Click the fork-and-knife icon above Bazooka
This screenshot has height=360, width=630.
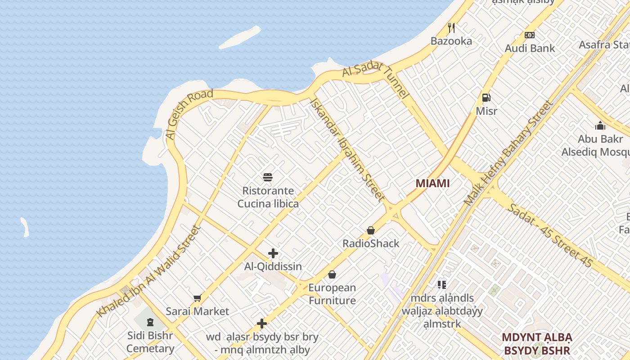pyautogui.click(x=451, y=28)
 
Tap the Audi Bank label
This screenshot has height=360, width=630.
pyautogui.click(x=530, y=48)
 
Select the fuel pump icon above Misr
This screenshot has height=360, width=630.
pyautogui.click(x=486, y=97)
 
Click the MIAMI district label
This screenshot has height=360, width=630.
pyautogui.click(x=432, y=183)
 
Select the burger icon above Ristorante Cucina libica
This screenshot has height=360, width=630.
pyautogui.click(x=268, y=177)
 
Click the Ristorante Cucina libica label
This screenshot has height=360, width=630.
pyautogui.click(x=268, y=197)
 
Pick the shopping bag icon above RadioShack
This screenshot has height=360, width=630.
pyautogui.click(x=371, y=230)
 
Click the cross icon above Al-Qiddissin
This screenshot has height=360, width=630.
pyautogui.click(x=273, y=253)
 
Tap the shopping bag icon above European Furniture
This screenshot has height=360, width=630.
pyautogui.click(x=332, y=274)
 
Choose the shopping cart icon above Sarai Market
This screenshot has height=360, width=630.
pyautogui.click(x=197, y=298)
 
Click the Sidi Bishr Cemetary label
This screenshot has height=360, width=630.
pyautogui.click(x=150, y=342)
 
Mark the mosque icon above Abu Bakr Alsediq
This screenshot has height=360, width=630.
pyautogui.click(x=600, y=126)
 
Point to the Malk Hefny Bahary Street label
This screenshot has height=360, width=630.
pyautogui.click(x=508, y=153)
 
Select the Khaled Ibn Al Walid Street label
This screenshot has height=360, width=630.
pyautogui.click(x=148, y=271)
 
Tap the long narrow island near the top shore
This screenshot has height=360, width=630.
pyautogui.click(x=240, y=37)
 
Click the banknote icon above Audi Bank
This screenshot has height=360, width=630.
pyautogui.click(x=530, y=35)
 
